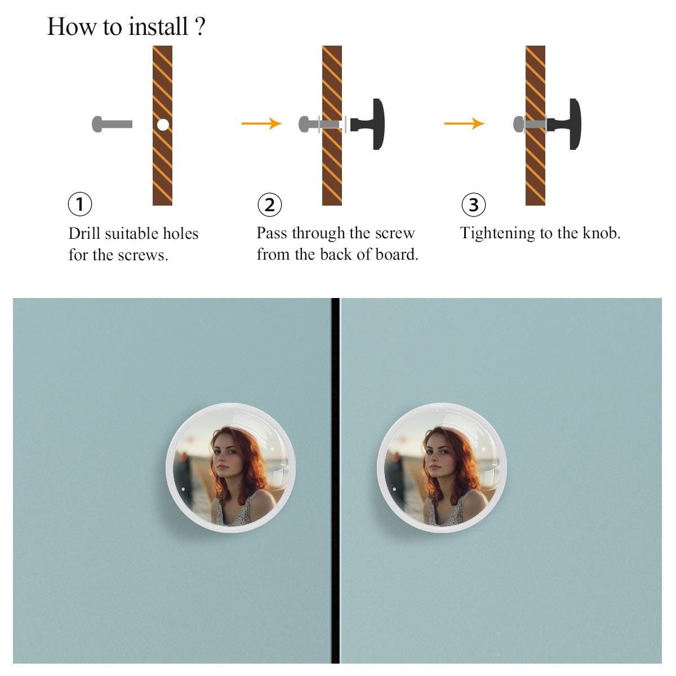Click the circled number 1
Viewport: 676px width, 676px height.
80,204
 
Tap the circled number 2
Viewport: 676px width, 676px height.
269,205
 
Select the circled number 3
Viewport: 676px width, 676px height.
474,205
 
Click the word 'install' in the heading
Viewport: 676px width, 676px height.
158,26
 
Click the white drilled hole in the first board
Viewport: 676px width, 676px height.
163,124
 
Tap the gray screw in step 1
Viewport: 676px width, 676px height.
112,124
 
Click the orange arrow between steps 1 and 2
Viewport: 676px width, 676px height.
261,123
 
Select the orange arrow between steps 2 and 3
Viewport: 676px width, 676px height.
464,123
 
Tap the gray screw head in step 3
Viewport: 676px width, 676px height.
518,124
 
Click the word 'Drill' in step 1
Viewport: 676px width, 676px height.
84,233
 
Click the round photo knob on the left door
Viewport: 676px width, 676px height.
230,468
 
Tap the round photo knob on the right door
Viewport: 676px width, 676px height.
442,468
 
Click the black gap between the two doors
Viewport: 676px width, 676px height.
335,481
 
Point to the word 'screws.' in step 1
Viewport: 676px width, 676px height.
143,255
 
